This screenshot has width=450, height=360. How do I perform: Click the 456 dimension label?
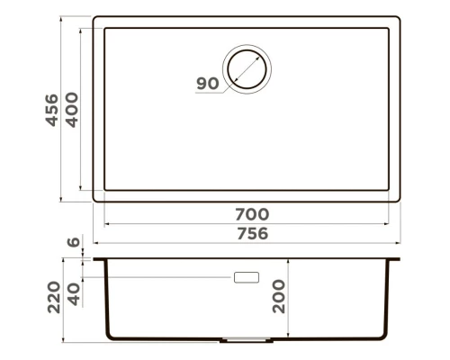point(51,110)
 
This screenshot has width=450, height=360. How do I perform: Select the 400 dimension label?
point(72,110)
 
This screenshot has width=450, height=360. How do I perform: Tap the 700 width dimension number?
point(252,214)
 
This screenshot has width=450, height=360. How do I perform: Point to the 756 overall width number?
point(252,233)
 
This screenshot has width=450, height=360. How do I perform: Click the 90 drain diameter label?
point(208,84)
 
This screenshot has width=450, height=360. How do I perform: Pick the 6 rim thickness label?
point(74,242)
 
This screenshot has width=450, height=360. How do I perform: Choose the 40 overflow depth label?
point(74,294)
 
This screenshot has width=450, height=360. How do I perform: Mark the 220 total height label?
point(54,297)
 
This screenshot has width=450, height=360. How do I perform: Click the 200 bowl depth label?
point(279,296)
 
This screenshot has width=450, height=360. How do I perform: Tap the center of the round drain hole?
point(247,69)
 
